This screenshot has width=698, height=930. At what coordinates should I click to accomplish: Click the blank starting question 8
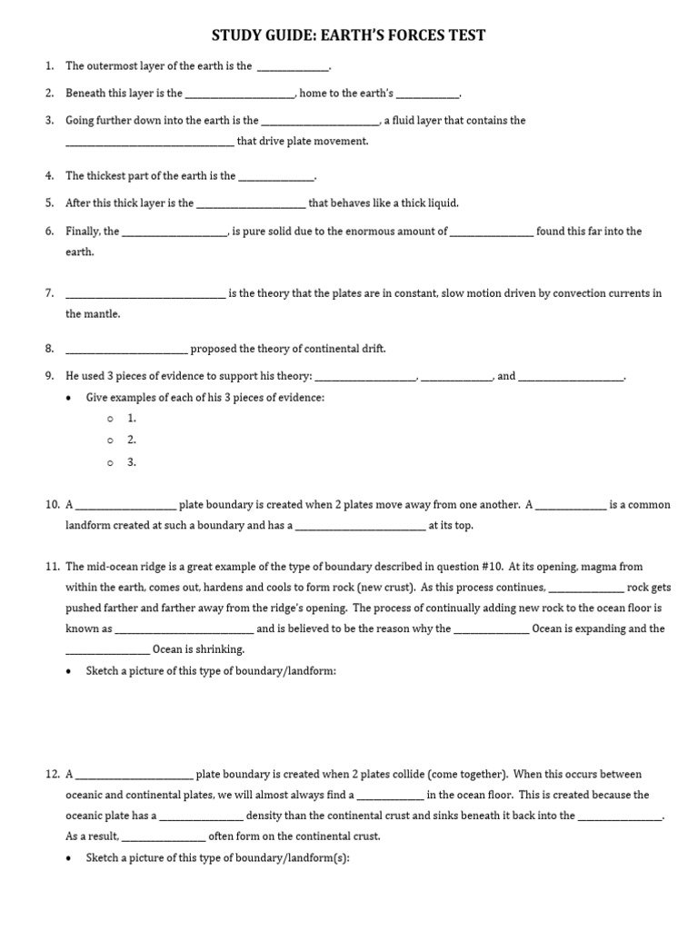[x=126, y=349]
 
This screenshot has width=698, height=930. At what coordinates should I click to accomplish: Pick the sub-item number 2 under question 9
[x=132, y=440]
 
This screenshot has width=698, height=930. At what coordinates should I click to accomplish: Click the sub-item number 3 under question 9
[x=132, y=461]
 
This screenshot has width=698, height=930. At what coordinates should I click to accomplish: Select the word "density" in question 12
[x=266, y=816]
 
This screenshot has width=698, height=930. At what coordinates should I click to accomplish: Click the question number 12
[x=50, y=775]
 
